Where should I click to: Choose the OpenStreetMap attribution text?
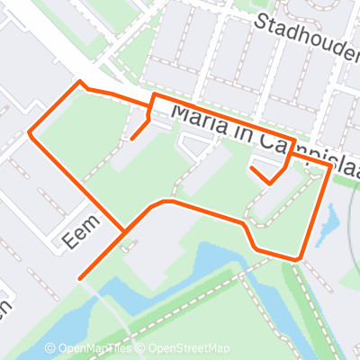tap(189, 349)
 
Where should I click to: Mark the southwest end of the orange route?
tap(80, 278)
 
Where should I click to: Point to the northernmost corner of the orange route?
tap(81, 83)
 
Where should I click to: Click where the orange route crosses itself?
tap(123, 236)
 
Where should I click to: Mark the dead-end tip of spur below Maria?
tap(132, 139)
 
